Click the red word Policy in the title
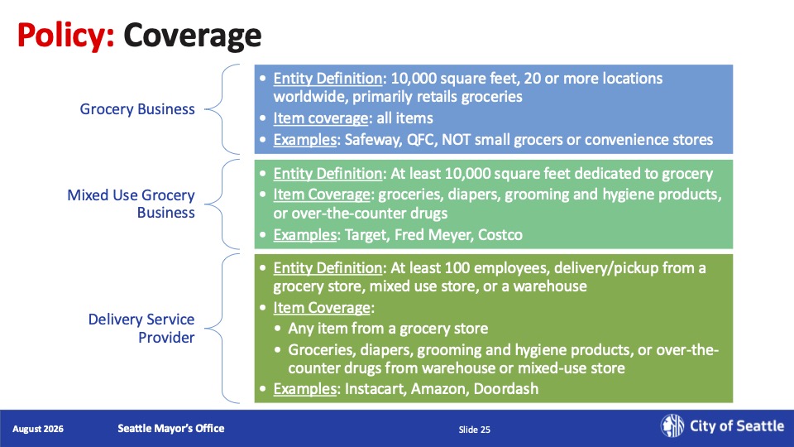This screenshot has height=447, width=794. tap(66, 36)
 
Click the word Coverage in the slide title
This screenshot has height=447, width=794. tap(193, 36)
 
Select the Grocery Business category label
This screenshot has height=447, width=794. tap(137, 109)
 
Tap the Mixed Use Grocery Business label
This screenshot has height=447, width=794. tap(132, 204)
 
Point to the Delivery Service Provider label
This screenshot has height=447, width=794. tap(141, 328)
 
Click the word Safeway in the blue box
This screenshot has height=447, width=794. tap(373, 140)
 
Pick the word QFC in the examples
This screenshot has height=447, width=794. tap(421, 139)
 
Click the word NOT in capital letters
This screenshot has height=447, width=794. tap(457, 139)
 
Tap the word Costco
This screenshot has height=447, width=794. tap(500, 234)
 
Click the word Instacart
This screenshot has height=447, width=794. tap(375, 389)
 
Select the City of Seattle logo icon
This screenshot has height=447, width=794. tap(672, 425)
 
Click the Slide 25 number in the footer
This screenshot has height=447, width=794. tap(475, 430)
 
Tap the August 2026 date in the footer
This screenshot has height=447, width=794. tap(38, 429)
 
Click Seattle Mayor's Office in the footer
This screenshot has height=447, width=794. tap(171, 428)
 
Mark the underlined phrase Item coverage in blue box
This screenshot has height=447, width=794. tap(321, 118)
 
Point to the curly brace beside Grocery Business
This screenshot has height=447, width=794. tap(222, 109)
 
